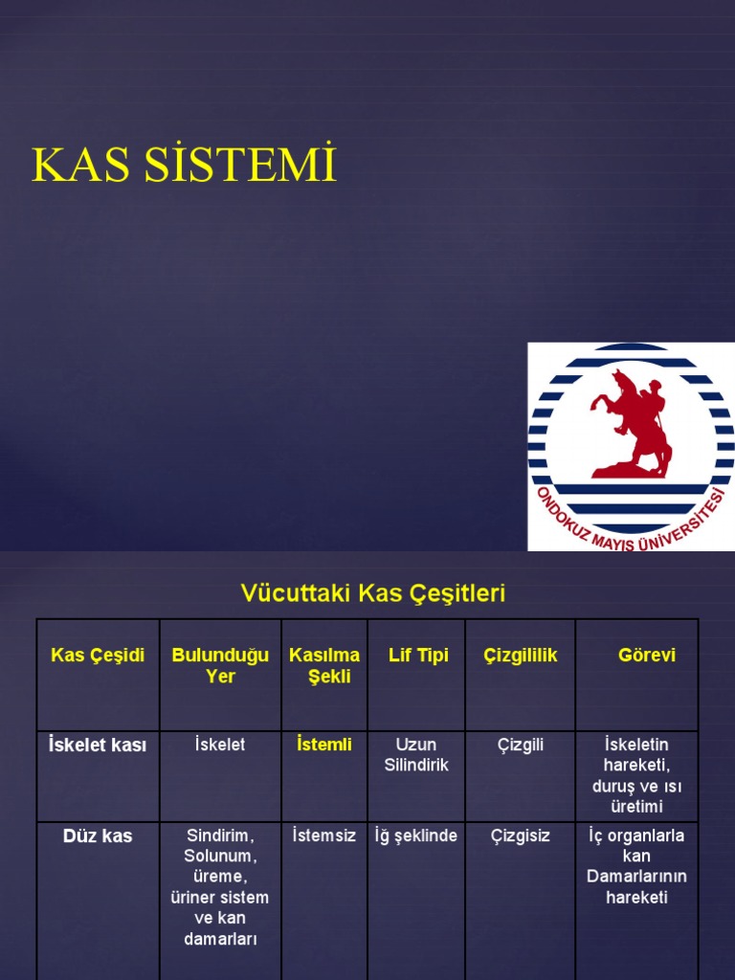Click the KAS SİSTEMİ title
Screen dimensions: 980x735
click(x=185, y=165)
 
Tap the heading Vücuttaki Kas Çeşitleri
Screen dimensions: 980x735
click(x=372, y=593)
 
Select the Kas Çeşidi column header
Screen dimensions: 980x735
click(x=98, y=656)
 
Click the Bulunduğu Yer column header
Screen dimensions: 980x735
click(x=220, y=665)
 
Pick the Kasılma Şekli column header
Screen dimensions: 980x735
click(x=324, y=665)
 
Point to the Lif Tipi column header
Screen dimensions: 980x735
click(x=418, y=656)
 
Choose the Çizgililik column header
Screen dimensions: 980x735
click(x=521, y=656)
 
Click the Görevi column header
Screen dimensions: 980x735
click(x=647, y=656)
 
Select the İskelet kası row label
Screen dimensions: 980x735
click(x=98, y=746)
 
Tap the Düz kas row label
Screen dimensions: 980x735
click(x=98, y=836)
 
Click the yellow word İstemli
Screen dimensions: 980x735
click(x=324, y=745)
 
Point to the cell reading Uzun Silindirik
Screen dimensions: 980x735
click(x=416, y=754)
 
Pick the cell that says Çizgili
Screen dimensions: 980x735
click(x=521, y=745)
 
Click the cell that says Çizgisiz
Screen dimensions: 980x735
click(x=521, y=835)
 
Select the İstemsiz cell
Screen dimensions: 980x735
click(x=324, y=835)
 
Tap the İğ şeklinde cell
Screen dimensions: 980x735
click(x=416, y=835)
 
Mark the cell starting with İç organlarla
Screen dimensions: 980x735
click(x=636, y=866)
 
